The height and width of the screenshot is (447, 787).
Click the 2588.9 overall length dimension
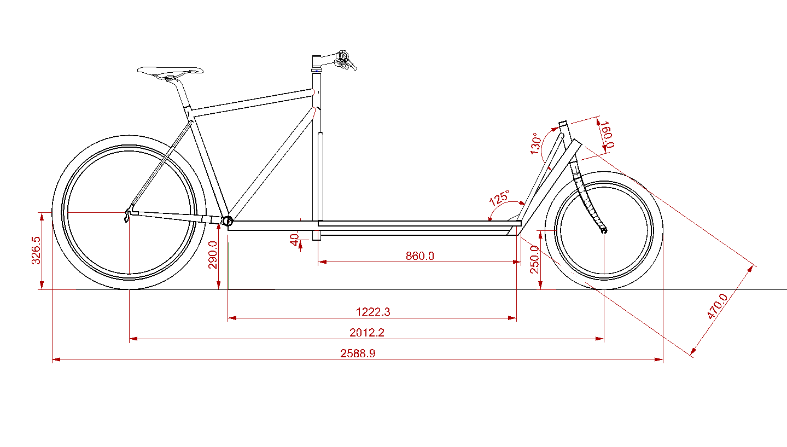point(358,353)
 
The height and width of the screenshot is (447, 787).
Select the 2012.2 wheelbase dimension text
point(367,333)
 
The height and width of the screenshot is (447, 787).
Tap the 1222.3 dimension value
point(373,312)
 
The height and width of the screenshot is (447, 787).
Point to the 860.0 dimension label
point(420,256)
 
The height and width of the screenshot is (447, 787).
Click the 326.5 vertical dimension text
point(36,250)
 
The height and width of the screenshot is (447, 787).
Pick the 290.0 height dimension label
point(213,254)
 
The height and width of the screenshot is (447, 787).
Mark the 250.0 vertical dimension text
point(534,259)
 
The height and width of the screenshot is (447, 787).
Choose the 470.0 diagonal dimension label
point(717,306)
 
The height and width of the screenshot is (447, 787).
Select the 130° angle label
point(536,143)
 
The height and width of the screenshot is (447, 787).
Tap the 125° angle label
point(499,198)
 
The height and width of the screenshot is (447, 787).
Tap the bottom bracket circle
point(228,221)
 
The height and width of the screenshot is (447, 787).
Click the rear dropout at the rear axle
point(129,213)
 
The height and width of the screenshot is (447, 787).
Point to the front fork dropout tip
point(604,230)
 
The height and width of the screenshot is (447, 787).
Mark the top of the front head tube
point(563,123)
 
